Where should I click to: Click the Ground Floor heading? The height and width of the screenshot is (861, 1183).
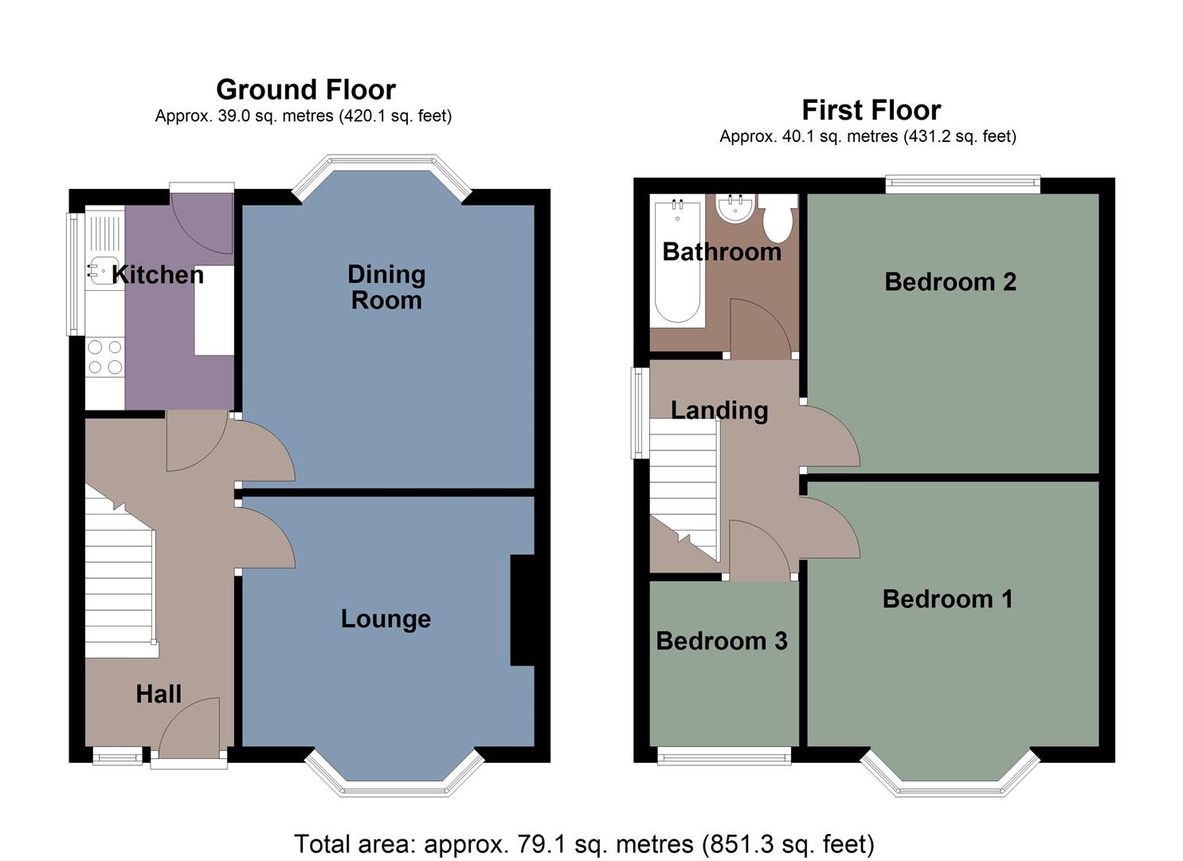tap(305, 89)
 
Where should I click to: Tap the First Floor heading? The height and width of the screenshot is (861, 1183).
tap(871, 109)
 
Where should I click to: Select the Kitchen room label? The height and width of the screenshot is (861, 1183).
tap(158, 275)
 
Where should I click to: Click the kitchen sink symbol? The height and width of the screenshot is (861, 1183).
tap(102, 271)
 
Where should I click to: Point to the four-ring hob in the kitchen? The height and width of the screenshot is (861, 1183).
tap(105, 356)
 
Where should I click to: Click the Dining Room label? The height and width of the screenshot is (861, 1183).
tap(386, 287)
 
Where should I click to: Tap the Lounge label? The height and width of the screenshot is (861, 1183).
tap(386, 619)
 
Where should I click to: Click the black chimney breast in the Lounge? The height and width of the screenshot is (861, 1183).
tap(522, 610)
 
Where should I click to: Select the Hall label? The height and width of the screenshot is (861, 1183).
tap(159, 694)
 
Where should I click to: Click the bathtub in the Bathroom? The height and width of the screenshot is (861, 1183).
tap(676, 263)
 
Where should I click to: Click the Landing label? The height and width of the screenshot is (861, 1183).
tap(719, 411)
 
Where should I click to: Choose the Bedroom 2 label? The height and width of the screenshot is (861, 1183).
tap(950, 282)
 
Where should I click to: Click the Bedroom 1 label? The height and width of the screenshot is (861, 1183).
tap(947, 600)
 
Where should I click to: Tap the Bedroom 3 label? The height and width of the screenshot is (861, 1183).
tap(722, 641)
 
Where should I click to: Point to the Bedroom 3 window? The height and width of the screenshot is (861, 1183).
tap(724, 756)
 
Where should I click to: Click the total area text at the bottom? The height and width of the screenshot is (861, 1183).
tap(584, 843)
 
